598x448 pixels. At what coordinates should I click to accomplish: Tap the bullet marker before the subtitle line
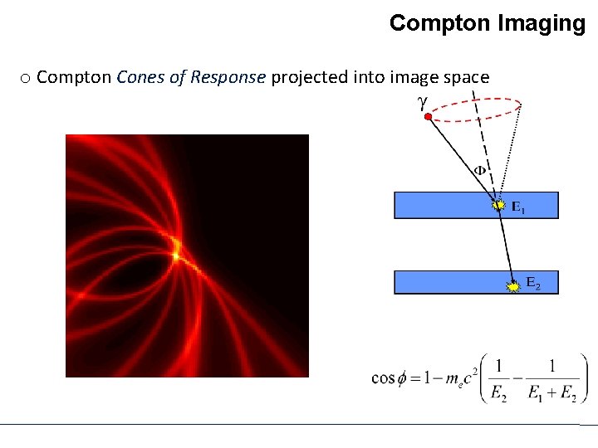point(26,79)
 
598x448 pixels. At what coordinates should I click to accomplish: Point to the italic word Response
point(228,77)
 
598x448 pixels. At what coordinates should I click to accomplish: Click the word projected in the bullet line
point(306,78)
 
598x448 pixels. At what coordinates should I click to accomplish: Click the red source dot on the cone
point(427,118)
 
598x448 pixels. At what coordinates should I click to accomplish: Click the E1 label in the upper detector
point(517,207)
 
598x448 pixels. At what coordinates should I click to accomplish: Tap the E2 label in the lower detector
point(532,286)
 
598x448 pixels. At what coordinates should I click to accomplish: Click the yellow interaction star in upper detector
point(498,204)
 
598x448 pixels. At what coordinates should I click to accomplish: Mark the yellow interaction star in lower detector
point(514,286)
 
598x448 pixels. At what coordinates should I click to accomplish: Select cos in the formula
point(383,378)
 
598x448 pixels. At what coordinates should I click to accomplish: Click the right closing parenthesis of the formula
point(583,378)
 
